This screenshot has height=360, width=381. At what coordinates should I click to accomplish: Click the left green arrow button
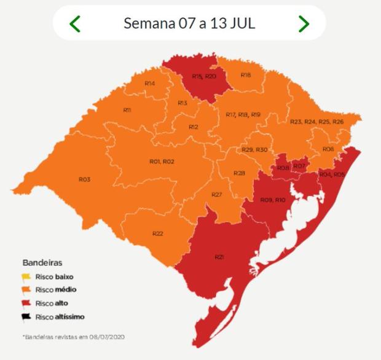click(75, 24)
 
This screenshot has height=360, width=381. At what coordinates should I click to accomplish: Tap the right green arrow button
click(304, 24)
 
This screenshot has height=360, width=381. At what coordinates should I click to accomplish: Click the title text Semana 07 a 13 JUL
click(189, 24)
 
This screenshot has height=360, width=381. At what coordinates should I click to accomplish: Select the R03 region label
click(85, 179)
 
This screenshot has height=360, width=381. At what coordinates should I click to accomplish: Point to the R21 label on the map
click(219, 256)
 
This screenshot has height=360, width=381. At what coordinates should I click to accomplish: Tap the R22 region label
click(158, 233)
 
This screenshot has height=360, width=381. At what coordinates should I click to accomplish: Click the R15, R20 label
click(203, 76)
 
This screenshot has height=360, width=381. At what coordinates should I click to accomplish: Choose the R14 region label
click(149, 83)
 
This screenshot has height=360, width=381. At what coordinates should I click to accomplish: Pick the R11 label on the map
click(127, 110)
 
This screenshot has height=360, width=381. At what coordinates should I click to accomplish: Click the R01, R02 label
click(162, 161)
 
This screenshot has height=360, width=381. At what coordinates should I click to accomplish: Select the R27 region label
click(216, 194)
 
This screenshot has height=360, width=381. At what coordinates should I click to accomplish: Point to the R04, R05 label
click(332, 174)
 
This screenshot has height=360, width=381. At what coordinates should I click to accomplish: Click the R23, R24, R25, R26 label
click(316, 122)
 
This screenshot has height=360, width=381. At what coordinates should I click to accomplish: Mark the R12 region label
click(194, 127)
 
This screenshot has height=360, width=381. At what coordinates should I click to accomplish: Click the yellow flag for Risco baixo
click(27, 276)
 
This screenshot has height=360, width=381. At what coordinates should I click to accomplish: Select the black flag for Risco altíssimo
click(27, 317)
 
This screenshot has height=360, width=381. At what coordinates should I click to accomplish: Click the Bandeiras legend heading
click(42, 262)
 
